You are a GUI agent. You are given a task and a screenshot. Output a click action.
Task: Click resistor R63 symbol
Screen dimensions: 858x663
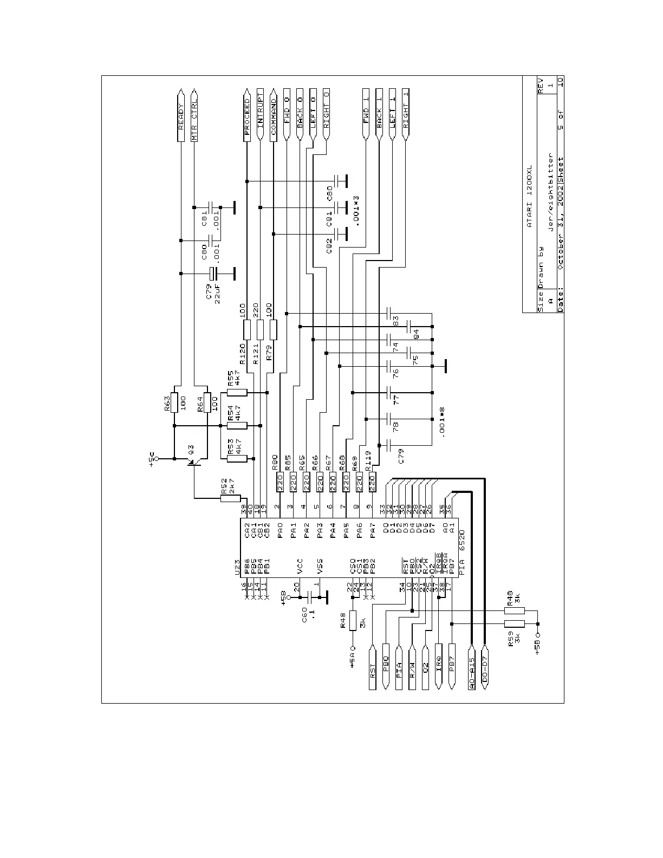click(174, 402)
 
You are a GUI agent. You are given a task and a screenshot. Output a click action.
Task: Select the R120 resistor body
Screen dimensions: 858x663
click(247, 329)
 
